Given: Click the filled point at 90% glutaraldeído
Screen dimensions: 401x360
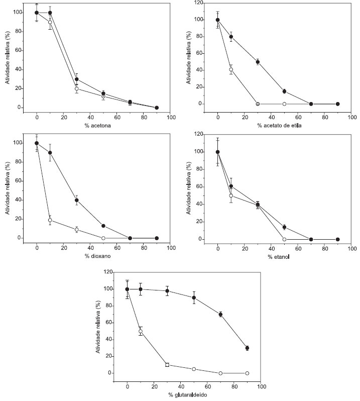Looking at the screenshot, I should click(x=247, y=348).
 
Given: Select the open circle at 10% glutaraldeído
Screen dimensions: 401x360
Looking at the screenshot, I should click(x=141, y=331).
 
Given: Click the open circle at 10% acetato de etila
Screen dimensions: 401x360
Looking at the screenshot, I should click(x=231, y=69).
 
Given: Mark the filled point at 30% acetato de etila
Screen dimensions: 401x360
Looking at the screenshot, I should click(x=258, y=62).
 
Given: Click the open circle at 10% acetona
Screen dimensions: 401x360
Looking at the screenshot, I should click(x=50, y=22).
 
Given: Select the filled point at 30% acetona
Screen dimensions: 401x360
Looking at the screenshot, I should click(x=77, y=79).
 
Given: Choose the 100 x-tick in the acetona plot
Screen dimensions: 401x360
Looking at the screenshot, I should click(x=171, y=117).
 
